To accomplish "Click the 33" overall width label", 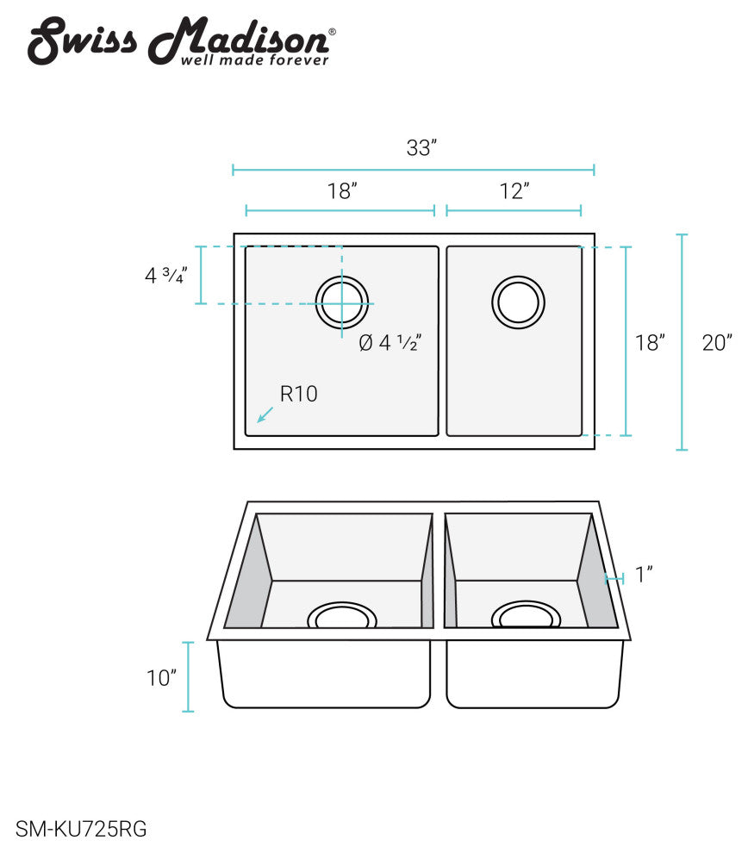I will point(422,148).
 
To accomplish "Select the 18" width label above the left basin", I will point(342,191).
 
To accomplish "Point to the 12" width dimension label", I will point(514,191).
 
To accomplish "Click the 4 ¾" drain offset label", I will point(165,276).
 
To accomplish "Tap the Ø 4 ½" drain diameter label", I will point(389,343).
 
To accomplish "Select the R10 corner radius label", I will point(299,395).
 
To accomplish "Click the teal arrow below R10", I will point(265,414).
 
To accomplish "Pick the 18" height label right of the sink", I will point(650,343).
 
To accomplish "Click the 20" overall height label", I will point(716,343).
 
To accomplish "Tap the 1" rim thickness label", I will point(644,575).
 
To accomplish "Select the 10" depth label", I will point(161,678).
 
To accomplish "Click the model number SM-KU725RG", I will point(81,830).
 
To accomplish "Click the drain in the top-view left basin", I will point(342,303).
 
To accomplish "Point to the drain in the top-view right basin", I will point(518,302).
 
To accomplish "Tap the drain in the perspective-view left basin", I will point(342,616).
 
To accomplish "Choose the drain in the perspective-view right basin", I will point(526,615).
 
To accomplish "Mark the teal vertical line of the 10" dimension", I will point(189,677).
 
